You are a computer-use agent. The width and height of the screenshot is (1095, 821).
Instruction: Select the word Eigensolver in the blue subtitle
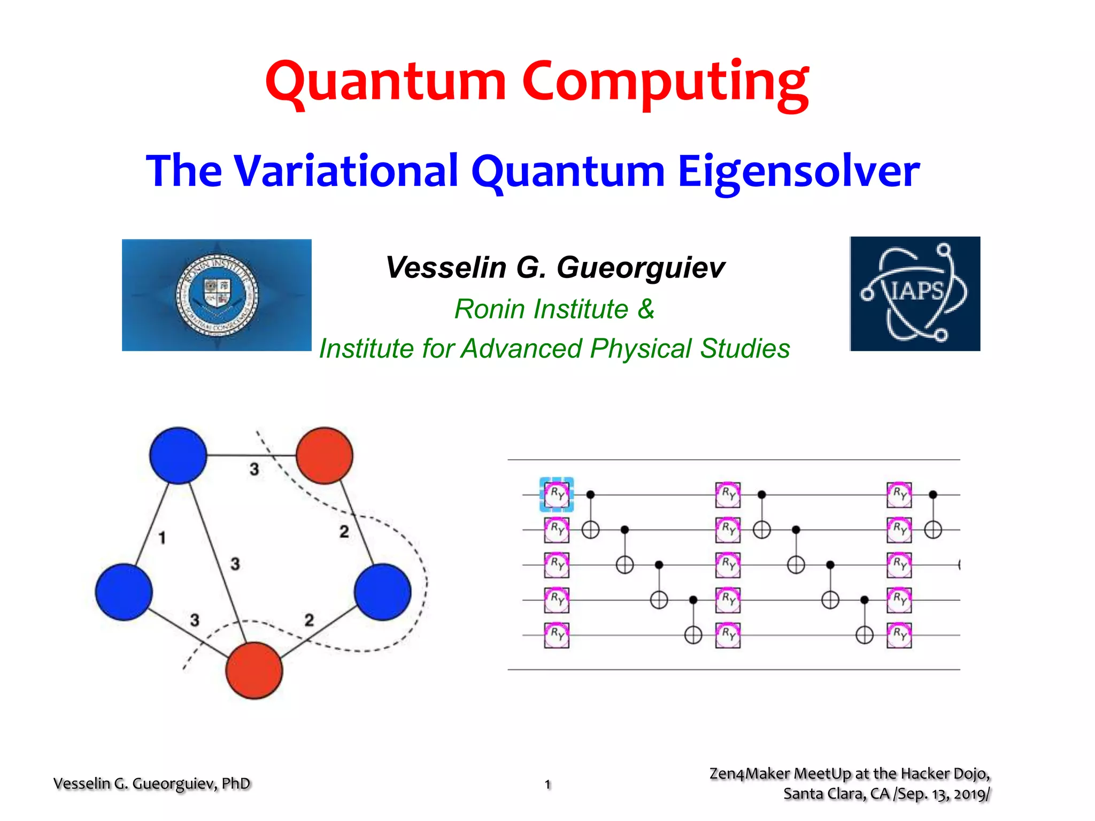tap(799, 171)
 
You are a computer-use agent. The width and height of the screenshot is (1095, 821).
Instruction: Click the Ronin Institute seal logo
tap(217, 295)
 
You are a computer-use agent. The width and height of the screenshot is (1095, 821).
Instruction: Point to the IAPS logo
tap(915, 293)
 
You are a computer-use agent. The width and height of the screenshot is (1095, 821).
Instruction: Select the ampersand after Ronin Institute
tap(646, 309)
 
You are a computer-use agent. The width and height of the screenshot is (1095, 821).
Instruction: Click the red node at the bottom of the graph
tap(254, 670)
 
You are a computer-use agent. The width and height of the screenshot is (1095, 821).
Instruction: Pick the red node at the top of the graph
tap(325, 455)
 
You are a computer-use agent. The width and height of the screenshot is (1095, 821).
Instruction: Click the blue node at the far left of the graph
tap(124, 592)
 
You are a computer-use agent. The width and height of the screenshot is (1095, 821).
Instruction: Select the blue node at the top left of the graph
tap(178, 455)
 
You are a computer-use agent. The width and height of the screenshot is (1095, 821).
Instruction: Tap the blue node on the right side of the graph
tap(383, 592)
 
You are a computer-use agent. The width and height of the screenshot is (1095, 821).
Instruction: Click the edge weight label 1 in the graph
tap(162, 538)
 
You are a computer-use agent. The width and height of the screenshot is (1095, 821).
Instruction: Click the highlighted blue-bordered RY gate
tap(557, 494)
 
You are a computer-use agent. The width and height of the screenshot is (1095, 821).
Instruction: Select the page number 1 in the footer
tap(547, 784)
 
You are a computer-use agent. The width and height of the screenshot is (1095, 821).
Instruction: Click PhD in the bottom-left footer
tap(236, 784)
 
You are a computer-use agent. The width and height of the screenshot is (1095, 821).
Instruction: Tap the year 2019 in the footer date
tap(969, 794)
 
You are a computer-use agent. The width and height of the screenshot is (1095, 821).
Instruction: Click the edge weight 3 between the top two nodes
tap(254, 469)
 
